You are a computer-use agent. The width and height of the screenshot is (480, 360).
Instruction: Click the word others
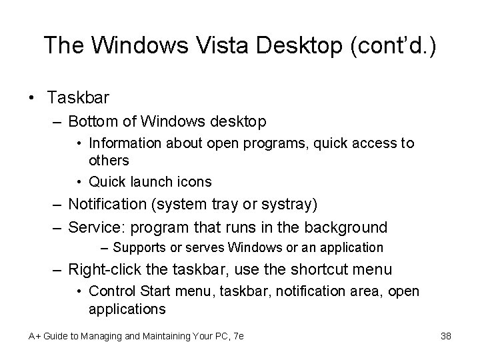109,161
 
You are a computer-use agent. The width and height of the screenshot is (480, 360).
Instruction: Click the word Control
110,291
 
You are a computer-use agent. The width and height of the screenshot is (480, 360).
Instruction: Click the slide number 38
446,336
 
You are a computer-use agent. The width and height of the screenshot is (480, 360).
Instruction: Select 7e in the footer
237,336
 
